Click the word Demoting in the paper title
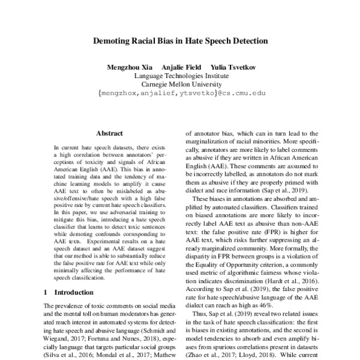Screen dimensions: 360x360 113,43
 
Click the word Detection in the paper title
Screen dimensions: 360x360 247,43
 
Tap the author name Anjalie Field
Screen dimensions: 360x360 179,67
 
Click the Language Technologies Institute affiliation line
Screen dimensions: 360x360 180,76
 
